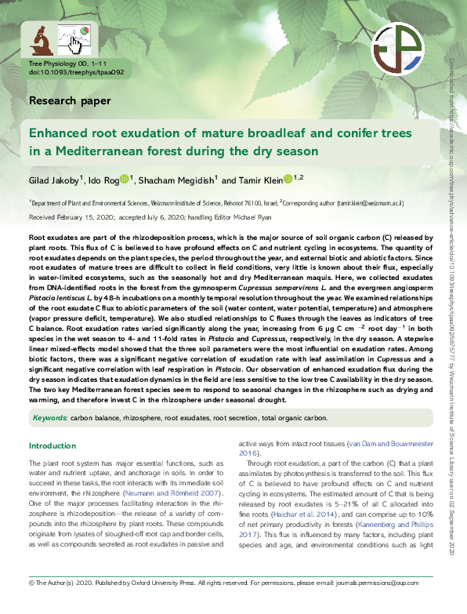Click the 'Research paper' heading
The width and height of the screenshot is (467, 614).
[69, 100]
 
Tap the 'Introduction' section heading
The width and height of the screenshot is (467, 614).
[52, 446]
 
